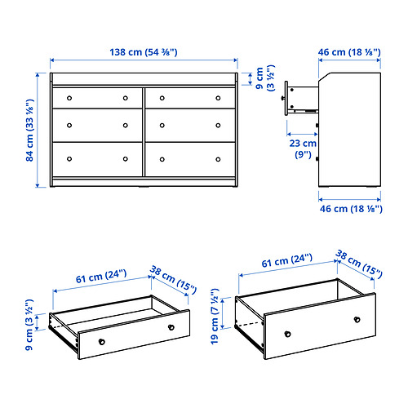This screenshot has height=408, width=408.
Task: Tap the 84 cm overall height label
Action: coord(29,131)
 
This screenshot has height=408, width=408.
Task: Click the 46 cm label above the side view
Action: coord(349,51)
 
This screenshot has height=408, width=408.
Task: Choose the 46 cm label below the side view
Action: coord(349,210)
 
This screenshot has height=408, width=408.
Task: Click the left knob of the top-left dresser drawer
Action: coord(69,98)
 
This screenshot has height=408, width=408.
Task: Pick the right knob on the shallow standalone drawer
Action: coord(171,327)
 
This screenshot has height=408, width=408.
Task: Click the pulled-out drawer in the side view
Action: coord(299,95)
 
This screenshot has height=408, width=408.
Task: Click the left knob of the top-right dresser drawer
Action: coord(162,98)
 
